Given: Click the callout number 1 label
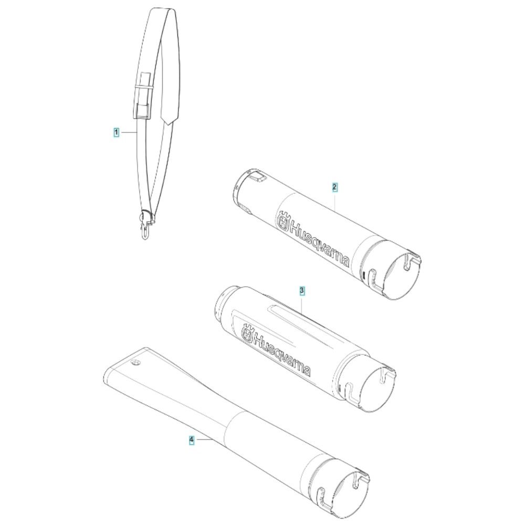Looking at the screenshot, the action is pyautogui.click(x=116, y=133).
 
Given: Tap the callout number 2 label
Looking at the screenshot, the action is pyautogui.click(x=334, y=187).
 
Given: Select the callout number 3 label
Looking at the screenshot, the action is pyautogui.click(x=302, y=291).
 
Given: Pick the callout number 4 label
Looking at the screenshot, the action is pyautogui.click(x=192, y=439).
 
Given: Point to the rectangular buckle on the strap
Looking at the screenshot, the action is pyautogui.click(x=142, y=110).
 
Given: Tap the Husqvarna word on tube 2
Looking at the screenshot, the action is pyautogui.click(x=319, y=244).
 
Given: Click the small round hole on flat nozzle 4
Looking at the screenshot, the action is pyautogui.click(x=135, y=363).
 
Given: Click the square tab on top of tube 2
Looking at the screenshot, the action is pyautogui.click(x=258, y=176).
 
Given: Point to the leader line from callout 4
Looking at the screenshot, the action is pyautogui.click(x=202, y=439).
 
